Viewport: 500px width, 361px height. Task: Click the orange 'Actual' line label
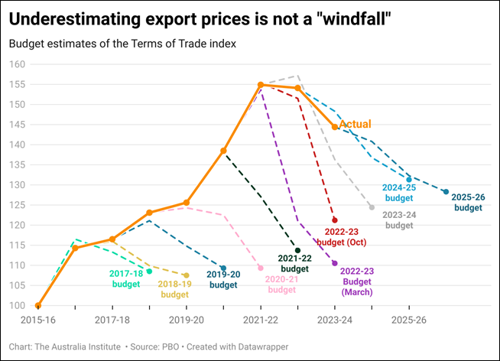click(x=355, y=124)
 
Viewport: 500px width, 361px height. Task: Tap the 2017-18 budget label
click(x=126, y=279)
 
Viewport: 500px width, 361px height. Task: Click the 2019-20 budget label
click(x=223, y=280)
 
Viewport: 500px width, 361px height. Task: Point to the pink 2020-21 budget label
click(x=281, y=285)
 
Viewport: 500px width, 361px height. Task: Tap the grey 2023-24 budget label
click(x=398, y=220)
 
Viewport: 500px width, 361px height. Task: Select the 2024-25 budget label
click(x=398, y=192)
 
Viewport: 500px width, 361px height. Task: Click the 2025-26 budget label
click(x=469, y=202)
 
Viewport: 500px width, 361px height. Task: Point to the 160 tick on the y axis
click(x=18, y=64)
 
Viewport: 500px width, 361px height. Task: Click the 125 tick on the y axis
click(x=18, y=205)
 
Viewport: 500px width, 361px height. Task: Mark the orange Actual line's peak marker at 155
click(x=261, y=85)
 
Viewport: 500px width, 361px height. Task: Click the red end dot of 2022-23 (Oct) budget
click(x=334, y=220)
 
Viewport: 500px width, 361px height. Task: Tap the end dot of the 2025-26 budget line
click(x=446, y=192)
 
